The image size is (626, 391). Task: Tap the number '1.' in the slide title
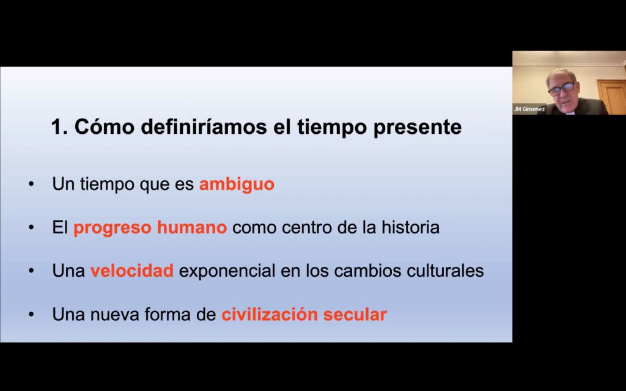tap(59, 127)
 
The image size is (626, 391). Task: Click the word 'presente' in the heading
tap(417, 128)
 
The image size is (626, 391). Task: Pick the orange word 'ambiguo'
tap(237, 185)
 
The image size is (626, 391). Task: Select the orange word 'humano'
tap(191, 227)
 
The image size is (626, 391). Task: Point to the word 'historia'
tap(410, 227)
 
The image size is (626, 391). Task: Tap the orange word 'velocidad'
tap(132, 271)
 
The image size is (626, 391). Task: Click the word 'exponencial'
tap(227, 271)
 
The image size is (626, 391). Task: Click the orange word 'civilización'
tap(270, 315)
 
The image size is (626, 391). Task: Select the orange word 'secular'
tap(355, 315)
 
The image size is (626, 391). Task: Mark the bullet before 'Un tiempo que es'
tap(32, 185)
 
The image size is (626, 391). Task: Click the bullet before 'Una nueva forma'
tap(32, 315)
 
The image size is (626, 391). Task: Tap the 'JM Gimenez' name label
tap(529, 109)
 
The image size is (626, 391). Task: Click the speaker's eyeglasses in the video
tap(562, 89)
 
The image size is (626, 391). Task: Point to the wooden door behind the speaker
tap(611, 97)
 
